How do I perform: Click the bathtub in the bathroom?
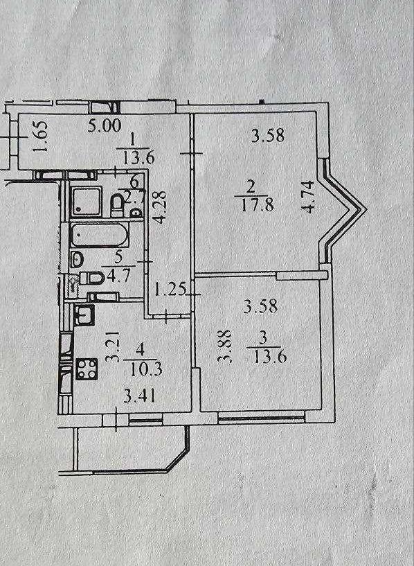coord(99,235)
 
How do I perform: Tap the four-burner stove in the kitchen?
coord(87,369)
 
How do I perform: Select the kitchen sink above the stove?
coord(84,315)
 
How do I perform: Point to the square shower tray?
coord(86,201)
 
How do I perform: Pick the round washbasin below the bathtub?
coord(77,258)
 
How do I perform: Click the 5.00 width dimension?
coord(105,126)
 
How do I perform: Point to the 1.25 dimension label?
coord(170,290)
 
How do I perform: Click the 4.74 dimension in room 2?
coord(309,197)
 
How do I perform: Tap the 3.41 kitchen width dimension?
coord(139,396)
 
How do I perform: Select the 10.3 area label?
coord(145,369)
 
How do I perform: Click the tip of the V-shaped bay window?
coord(366,209)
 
